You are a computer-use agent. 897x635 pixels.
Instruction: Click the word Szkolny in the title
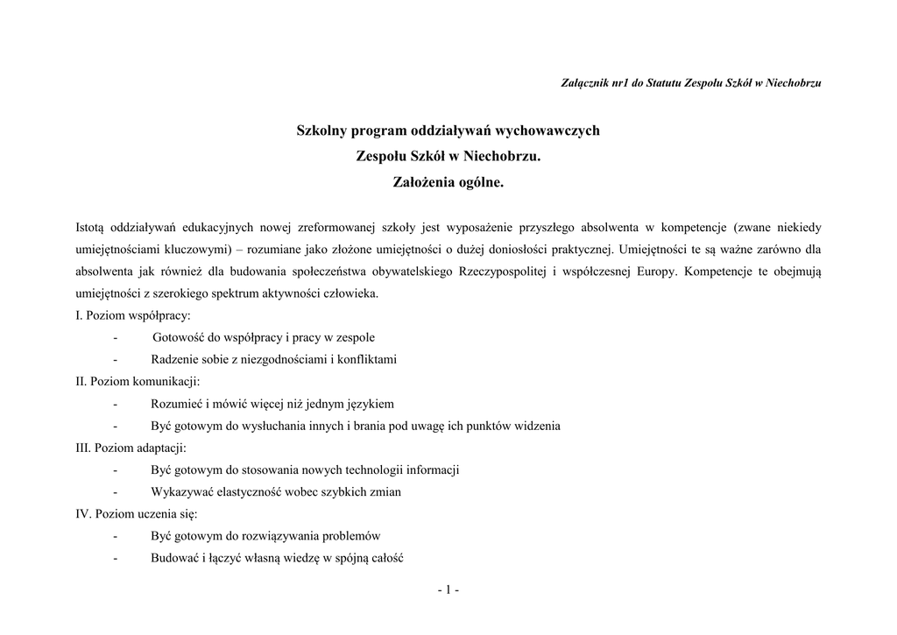pos(322,131)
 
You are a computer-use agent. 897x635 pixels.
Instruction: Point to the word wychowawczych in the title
pos(548,131)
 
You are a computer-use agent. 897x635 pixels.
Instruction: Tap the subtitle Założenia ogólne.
pos(448,183)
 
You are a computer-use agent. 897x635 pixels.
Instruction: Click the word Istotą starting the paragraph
pos(92,228)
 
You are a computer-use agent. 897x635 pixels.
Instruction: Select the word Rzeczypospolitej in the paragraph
pos(503,272)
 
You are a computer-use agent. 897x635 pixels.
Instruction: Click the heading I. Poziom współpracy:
pos(133,315)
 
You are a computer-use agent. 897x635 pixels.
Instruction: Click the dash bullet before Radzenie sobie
pos(115,359)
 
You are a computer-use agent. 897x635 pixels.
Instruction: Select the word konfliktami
pos(365,359)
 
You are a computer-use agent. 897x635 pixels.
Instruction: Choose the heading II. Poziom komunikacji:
pos(138,381)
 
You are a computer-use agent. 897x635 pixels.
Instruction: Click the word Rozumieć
pos(176,404)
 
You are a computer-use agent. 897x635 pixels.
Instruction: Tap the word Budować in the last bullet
pos(175,557)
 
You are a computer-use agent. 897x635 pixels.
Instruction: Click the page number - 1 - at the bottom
pos(448,589)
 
